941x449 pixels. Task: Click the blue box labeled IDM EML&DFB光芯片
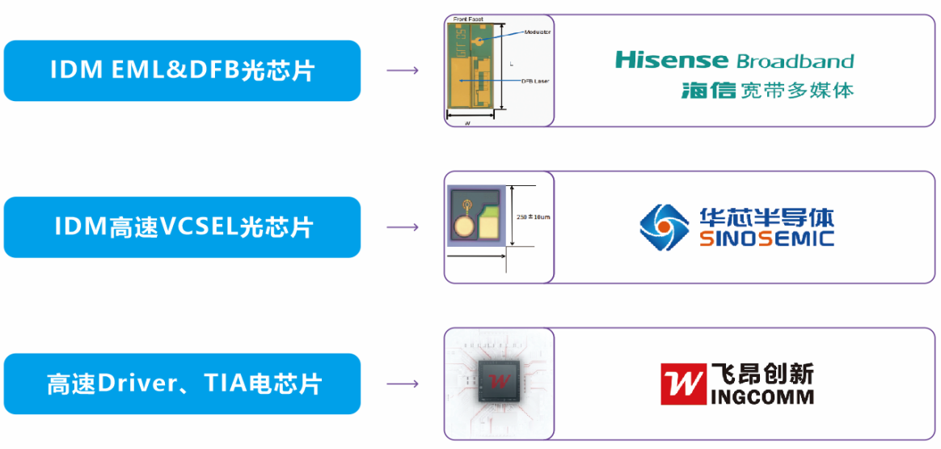pyautogui.click(x=182, y=70)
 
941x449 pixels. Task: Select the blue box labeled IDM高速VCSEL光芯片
pyautogui.click(x=182, y=227)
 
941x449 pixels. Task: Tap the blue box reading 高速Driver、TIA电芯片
pyautogui.click(x=182, y=383)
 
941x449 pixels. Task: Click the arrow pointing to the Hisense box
pyautogui.click(x=403, y=70)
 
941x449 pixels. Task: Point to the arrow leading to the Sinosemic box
pyautogui.click(x=403, y=227)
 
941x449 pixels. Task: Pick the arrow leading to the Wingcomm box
pyautogui.click(x=403, y=383)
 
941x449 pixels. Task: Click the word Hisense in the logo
pyautogui.click(x=671, y=60)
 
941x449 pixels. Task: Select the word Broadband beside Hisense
pyautogui.click(x=795, y=61)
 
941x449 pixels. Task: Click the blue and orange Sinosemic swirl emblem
pyautogui.click(x=664, y=227)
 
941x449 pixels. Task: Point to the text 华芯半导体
pyautogui.click(x=765, y=217)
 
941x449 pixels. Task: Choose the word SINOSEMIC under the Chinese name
pyautogui.click(x=765, y=239)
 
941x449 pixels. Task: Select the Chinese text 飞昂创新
pyautogui.click(x=763, y=373)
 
